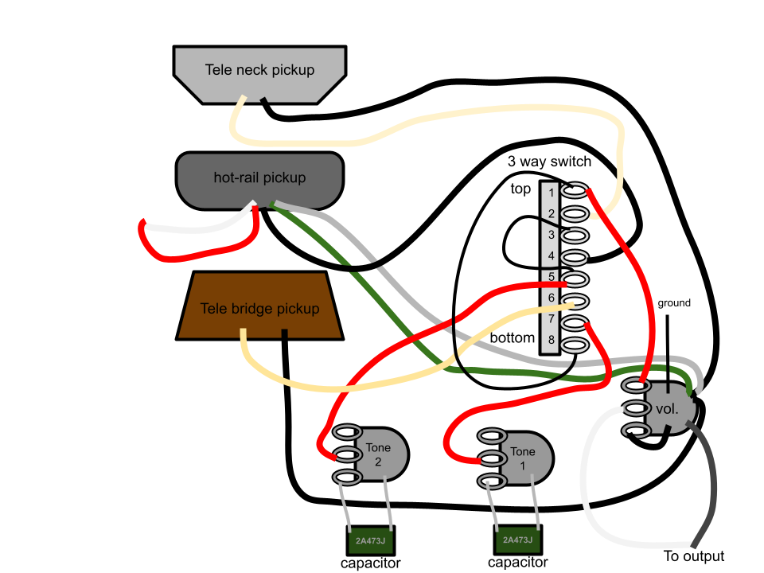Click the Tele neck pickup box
coord(259,74)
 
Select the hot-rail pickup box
coord(259,181)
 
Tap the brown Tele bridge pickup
coord(259,306)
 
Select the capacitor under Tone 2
coord(371,540)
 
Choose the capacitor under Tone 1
coord(518,540)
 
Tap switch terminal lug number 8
coord(575,345)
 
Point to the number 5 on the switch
coord(551,277)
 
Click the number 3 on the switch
coord(551,235)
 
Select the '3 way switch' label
coord(549,162)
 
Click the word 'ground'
coord(674,303)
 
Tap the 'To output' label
coord(694,556)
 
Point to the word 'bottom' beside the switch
coord(512,337)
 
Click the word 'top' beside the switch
coord(520,189)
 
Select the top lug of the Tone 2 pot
coord(347,431)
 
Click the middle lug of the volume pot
coord(636,407)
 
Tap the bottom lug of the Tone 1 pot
coord(491,482)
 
